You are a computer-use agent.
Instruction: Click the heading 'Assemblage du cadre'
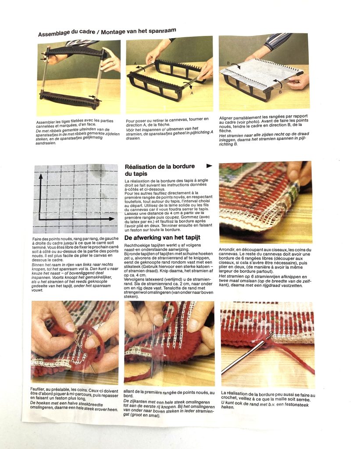point(67,32)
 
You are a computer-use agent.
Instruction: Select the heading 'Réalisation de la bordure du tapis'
point(160,170)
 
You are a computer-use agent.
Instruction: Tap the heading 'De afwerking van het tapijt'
point(162,237)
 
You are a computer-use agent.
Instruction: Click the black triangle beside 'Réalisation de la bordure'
point(209,166)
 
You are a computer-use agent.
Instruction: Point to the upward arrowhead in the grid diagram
point(41,177)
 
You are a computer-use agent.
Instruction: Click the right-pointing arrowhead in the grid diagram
point(112,219)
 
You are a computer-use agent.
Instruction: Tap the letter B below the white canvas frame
point(280,92)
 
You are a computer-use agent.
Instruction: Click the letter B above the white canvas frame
point(228,63)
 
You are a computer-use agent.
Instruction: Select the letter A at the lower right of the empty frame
point(192,93)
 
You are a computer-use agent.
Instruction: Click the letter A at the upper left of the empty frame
point(135,63)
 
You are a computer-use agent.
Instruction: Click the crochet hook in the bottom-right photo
point(246,354)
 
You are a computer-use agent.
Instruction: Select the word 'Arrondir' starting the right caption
point(226,249)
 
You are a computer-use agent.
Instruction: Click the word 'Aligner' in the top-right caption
point(226,118)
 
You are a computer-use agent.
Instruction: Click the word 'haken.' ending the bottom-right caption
point(228,407)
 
